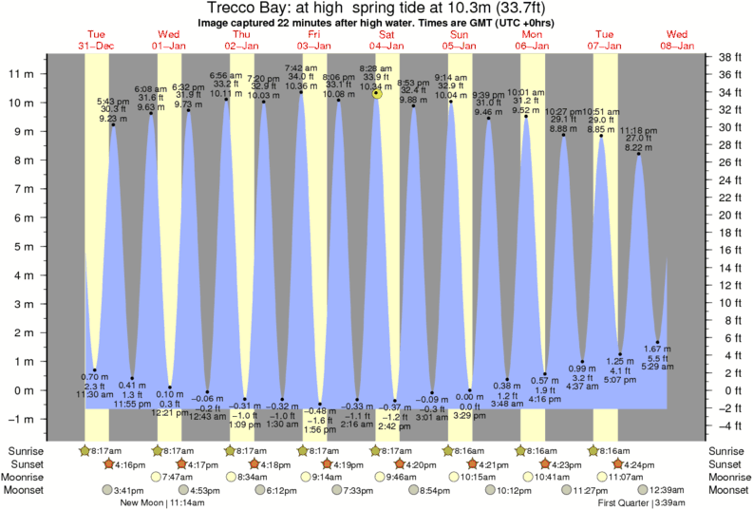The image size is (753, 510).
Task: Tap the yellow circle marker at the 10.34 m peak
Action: click(377, 93)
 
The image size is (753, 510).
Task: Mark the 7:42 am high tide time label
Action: click(301, 66)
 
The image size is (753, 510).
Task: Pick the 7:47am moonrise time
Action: click(179, 478)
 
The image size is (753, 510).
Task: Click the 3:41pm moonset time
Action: click(128, 490)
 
